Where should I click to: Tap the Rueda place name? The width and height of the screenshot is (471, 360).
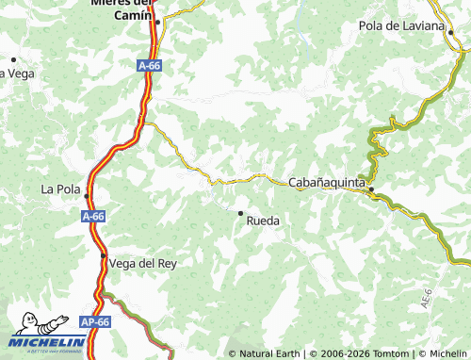[263, 221]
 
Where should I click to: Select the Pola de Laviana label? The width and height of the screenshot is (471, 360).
[400, 25]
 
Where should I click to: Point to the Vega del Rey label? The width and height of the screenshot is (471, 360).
[143, 263]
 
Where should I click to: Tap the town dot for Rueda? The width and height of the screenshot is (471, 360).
[240, 213]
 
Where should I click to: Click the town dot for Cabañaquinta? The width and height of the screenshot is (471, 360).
[371, 190]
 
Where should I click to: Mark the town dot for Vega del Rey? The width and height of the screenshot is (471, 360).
[104, 255]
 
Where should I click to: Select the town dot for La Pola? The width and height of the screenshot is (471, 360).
[87, 196]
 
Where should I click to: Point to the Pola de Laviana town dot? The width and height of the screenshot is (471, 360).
[450, 32]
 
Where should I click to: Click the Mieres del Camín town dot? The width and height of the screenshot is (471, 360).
[158, 21]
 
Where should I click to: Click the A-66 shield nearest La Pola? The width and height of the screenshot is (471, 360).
[92, 217]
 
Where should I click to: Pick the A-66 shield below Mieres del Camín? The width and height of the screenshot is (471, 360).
[148, 67]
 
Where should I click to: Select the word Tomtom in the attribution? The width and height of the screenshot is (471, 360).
[389, 353]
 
